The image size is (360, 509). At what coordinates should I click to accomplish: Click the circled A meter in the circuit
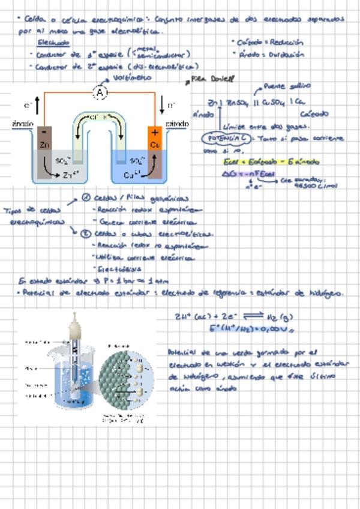pyautogui.click(x=100, y=93)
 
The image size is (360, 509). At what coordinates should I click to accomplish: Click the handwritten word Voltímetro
pyautogui.click(x=131, y=77)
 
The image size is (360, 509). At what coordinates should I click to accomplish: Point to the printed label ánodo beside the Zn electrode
pyautogui.click(x=23, y=124)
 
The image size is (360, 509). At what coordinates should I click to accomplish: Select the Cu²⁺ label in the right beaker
pyautogui.click(x=132, y=175)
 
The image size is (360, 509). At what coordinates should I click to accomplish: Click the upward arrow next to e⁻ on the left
pyautogui.click(x=37, y=107)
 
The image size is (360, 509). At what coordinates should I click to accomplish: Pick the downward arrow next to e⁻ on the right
pyautogui.click(x=161, y=106)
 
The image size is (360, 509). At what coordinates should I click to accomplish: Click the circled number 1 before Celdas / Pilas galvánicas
pyautogui.click(x=86, y=198)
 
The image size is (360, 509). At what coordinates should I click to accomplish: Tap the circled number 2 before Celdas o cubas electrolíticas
pyautogui.click(x=86, y=234)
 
